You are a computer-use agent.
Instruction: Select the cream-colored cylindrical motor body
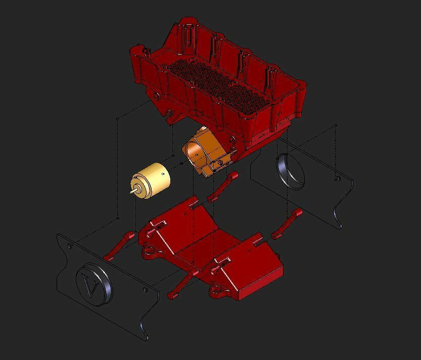point(151,181)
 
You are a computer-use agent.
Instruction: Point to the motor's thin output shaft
point(133,191)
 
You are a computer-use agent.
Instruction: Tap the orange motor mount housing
point(208,151)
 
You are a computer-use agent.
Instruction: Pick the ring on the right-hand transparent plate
point(290,171)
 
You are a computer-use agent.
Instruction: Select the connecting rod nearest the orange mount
point(222,186)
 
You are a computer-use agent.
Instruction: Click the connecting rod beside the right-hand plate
point(287,224)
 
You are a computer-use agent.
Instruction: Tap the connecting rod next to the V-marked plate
point(119,246)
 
